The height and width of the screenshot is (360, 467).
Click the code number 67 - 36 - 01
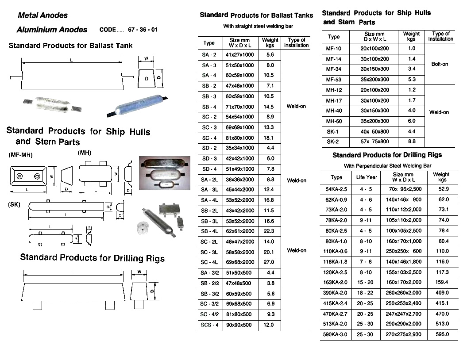coord(143,30)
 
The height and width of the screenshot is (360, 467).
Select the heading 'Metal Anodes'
coord(42,15)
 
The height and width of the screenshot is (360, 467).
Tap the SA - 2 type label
coord(209,55)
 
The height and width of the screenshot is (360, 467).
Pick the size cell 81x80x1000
coord(242,138)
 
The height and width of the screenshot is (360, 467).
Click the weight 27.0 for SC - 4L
coord(269,262)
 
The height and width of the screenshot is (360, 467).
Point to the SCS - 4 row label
coord(209,325)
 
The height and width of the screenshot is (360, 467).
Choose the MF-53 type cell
coord(333,80)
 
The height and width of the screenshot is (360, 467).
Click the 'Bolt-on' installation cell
coord(439,64)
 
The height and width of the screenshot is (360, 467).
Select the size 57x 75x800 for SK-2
coord(374,142)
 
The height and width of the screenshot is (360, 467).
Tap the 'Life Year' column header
coord(367,177)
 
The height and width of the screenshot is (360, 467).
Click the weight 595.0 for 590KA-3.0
coord(441,335)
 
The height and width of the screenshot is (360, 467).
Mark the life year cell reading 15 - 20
coord(367,282)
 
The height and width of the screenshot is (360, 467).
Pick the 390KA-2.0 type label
coord(336,293)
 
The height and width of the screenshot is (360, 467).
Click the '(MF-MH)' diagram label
coord(20,155)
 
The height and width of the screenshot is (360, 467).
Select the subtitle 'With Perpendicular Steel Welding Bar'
coord(387,166)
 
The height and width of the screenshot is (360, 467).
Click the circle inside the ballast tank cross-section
coord(147,78)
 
